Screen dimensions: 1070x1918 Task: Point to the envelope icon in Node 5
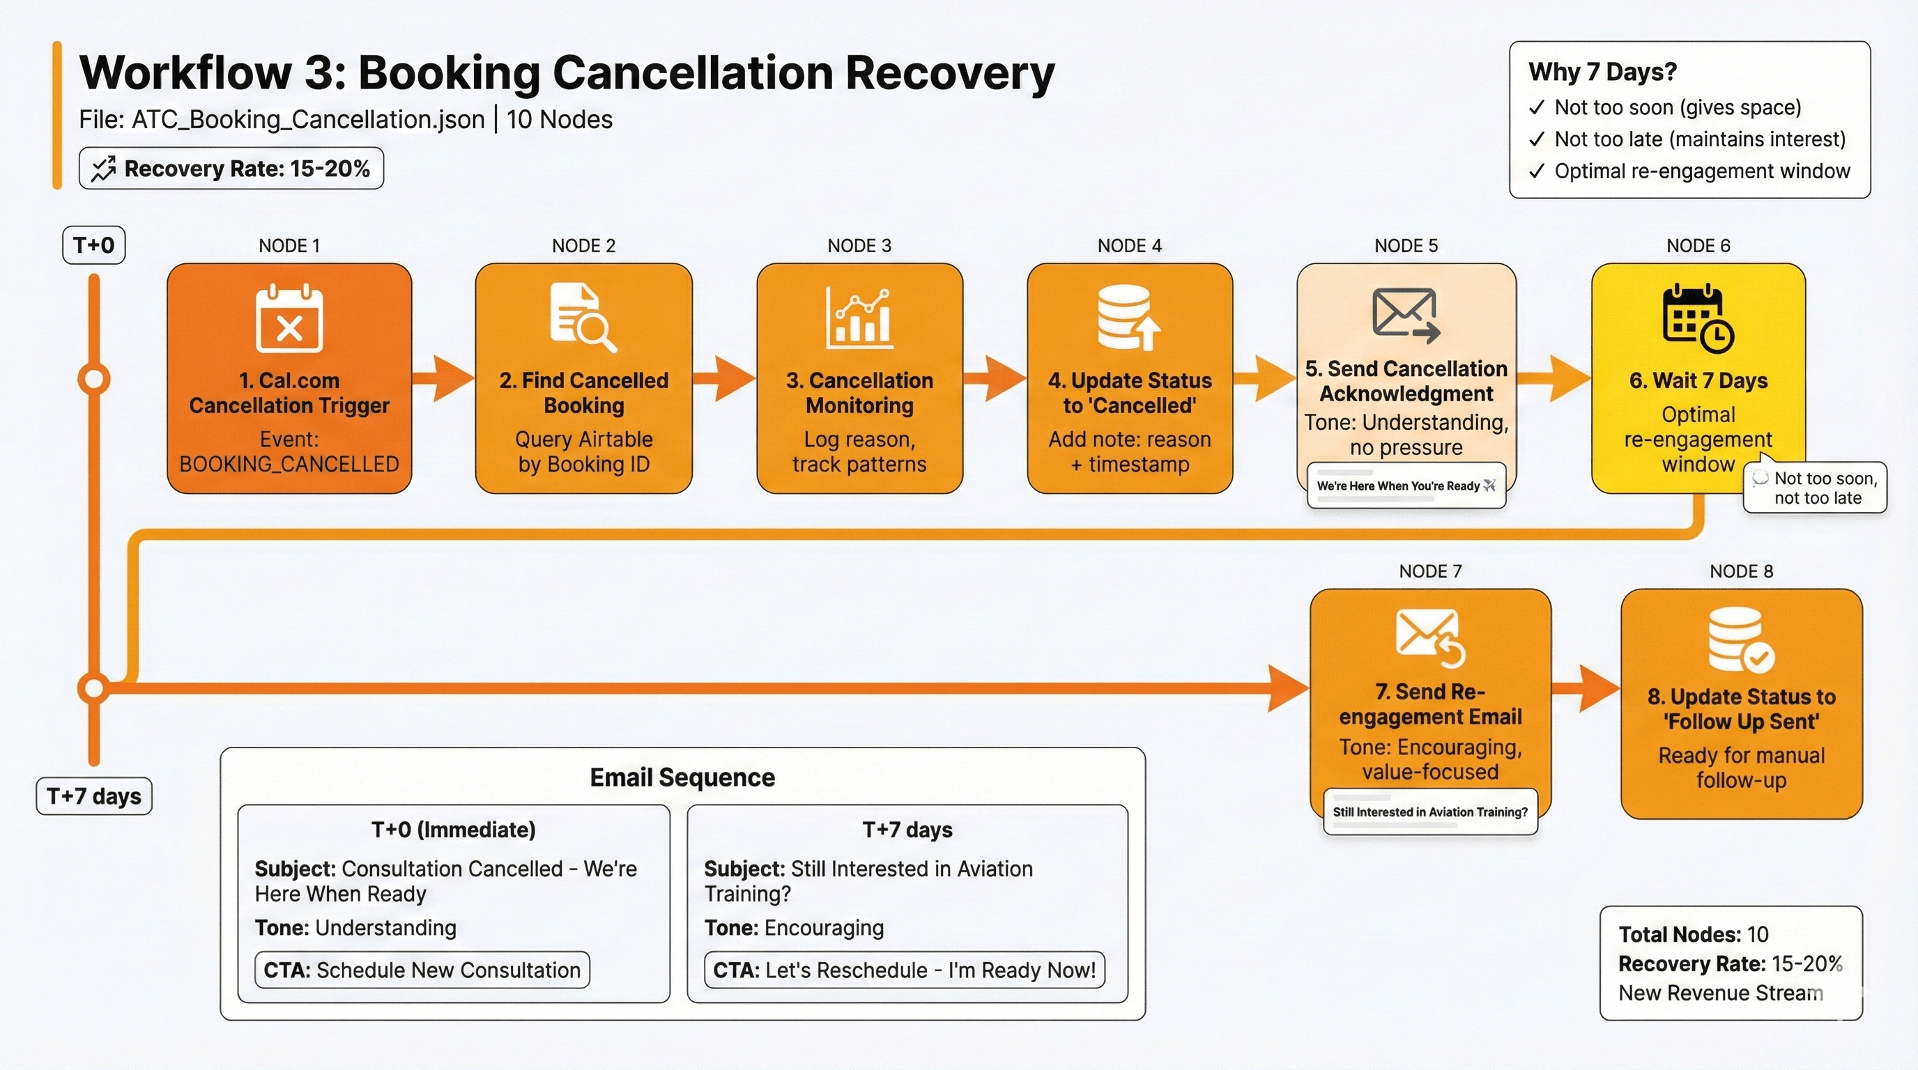coord(1405,315)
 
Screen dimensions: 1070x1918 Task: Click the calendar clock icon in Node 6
coord(1698,318)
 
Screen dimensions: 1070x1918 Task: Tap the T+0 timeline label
coord(94,245)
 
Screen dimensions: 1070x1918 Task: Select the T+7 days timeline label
coord(94,796)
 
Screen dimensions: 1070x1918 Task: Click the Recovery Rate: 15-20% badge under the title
coord(231,169)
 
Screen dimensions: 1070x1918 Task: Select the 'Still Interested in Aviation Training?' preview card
coord(1429,812)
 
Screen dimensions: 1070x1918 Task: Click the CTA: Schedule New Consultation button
coord(422,970)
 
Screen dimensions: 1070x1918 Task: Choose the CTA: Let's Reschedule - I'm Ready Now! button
coord(904,970)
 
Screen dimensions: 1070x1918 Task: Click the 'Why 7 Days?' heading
coord(1602,72)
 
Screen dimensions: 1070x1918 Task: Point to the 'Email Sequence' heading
coord(682,777)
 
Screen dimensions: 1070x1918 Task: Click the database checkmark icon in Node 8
coord(1740,641)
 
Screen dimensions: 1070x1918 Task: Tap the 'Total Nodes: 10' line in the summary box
coord(1693,935)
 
